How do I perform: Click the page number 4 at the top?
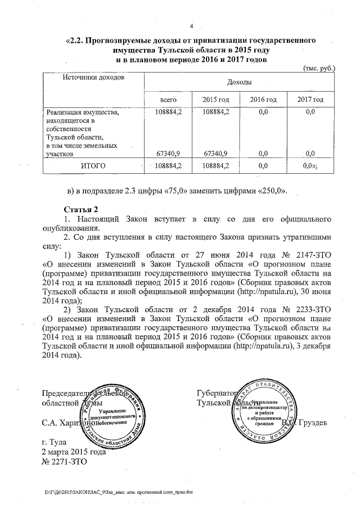click(x=191, y=26)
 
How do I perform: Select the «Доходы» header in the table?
click(x=239, y=83)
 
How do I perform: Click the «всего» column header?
click(x=169, y=100)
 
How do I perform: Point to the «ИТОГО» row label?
click(x=93, y=166)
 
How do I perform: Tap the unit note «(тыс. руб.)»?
click(x=319, y=68)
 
